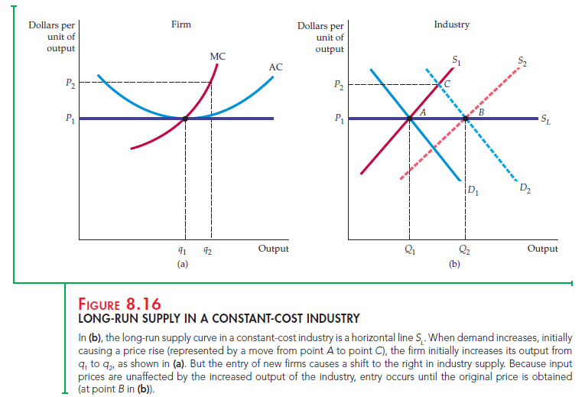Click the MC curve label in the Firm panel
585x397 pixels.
217,56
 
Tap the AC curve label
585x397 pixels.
276,67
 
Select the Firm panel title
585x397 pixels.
181,24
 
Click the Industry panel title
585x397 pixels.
451,24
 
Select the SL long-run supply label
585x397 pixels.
544,119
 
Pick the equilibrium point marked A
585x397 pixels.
410,118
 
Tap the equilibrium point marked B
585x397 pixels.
466,118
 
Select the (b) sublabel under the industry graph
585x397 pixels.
455,264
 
